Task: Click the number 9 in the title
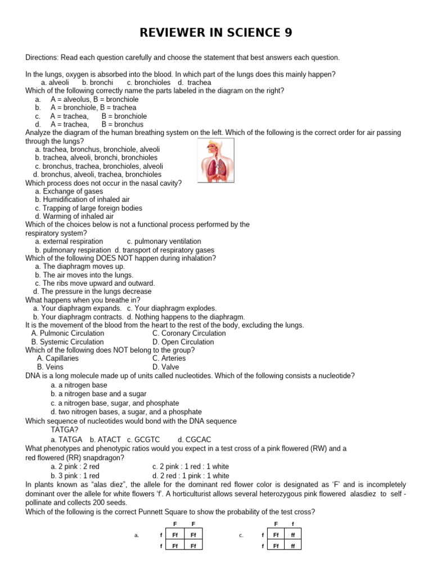(287, 33)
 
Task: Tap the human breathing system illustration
(217, 160)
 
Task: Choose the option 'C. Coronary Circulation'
(189, 333)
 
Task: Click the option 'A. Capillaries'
(58, 358)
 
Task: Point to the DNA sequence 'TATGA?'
(64, 430)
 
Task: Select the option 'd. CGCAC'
(194, 439)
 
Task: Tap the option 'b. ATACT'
(105, 439)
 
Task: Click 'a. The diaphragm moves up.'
(80, 267)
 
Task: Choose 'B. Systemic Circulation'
(67, 341)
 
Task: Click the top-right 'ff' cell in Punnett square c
(292, 535)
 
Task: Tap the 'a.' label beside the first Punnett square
(137, 535)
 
